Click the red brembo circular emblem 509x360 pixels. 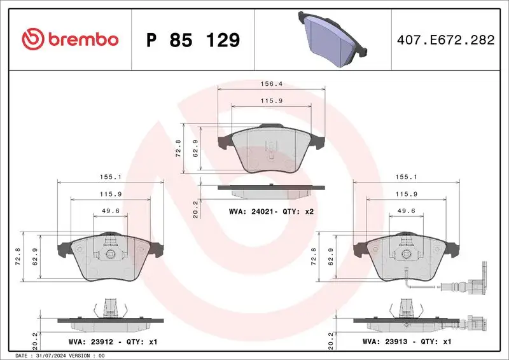(31, 39)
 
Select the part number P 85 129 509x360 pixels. (193, 40)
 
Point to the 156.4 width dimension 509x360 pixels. (271, 83)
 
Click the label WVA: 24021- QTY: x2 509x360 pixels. (271, 212)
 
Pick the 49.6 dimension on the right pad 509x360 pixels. (407, 210)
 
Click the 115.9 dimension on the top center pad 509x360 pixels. (271, 100)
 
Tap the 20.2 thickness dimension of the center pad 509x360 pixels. (196, 208)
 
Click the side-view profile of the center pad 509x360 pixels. (271, 190)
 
